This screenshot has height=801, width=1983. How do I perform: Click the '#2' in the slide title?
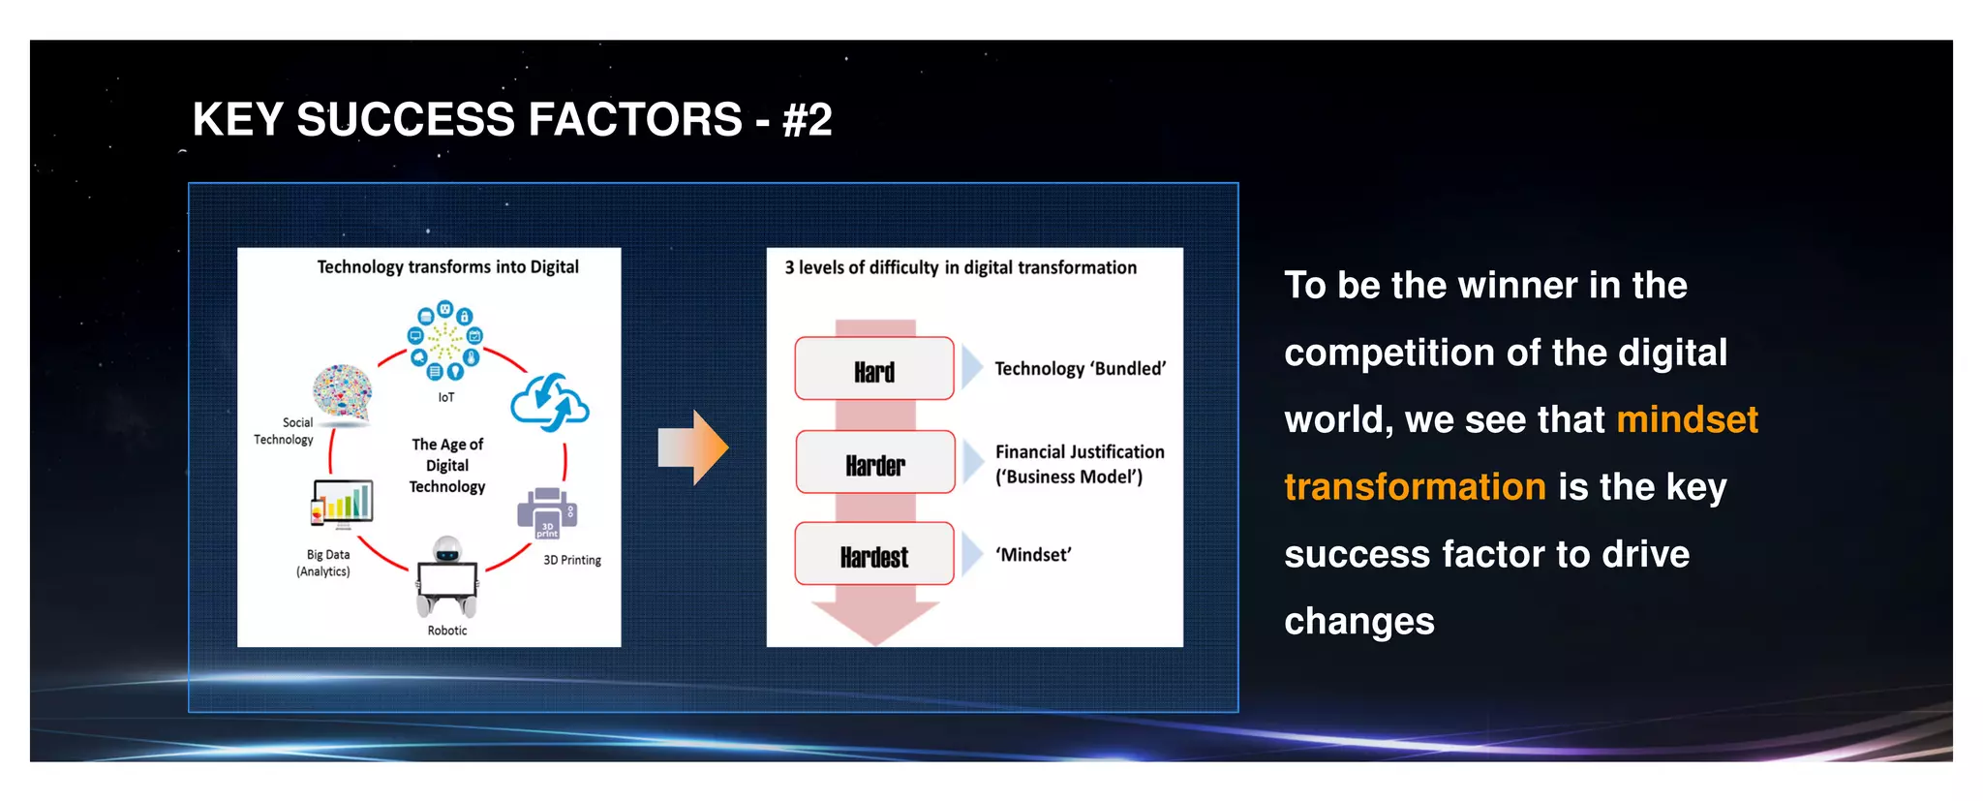click(807, 120)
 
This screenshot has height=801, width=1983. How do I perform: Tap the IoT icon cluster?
click(444, 341)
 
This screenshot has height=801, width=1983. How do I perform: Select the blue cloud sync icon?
click(550, 403)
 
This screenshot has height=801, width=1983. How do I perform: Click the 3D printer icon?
click(547, 512)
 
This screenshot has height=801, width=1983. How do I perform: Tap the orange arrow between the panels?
click(693, 447)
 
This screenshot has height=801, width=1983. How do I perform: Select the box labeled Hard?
click(874, 369)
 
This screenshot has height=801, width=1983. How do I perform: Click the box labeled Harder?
click(875, 463)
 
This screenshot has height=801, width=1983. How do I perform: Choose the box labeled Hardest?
click(874, 555)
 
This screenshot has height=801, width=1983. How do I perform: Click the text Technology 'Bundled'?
click(1080, 369)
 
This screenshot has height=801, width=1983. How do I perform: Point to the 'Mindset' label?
click(1033, 555)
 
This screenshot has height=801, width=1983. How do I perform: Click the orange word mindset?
click(1687, 420)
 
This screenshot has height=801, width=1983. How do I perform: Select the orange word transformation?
click(1415, 487)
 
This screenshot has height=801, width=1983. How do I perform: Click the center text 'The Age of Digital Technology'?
click(447, 466)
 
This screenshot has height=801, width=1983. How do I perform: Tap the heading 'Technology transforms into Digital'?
click(447, 267)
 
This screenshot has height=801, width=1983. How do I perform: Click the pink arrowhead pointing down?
click(875, 621)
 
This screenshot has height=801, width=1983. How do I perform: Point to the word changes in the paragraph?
click(1358, 622)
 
